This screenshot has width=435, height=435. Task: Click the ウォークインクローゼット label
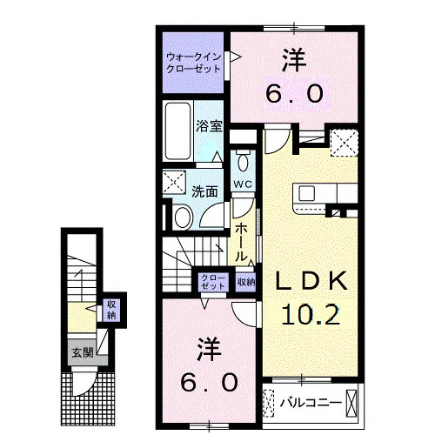click(x=194, y=63)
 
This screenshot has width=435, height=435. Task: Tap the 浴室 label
click(x=209, y=126)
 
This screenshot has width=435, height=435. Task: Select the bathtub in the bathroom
click(x=177, y=130)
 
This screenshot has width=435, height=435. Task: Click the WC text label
click(x=243, y=184)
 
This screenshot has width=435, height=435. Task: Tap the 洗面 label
click(x=204, y=191)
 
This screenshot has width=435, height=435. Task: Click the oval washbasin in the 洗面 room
click(x=184, y=217)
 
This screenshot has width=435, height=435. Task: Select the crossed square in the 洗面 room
click(x=174, y=182)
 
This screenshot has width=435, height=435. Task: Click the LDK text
click(x=311, y=281)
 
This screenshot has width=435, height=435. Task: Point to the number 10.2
click(x=311, y=315)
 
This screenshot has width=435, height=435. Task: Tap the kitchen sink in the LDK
click(x=306, y=193)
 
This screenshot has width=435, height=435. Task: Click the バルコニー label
click(x=310, y=403)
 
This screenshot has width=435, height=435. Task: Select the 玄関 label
click(x=83, y=352)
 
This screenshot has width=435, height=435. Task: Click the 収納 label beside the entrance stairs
click(x=111, y=310)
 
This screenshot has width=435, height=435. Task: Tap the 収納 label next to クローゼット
click(x=246, y=282)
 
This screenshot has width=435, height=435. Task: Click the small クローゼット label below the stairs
click(x=213, y=282)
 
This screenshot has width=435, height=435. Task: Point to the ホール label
click(x=241, y=243)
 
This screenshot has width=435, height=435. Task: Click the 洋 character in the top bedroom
click(x=294, y=61)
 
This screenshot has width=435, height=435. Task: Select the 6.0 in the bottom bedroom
click(x=209, y=382)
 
